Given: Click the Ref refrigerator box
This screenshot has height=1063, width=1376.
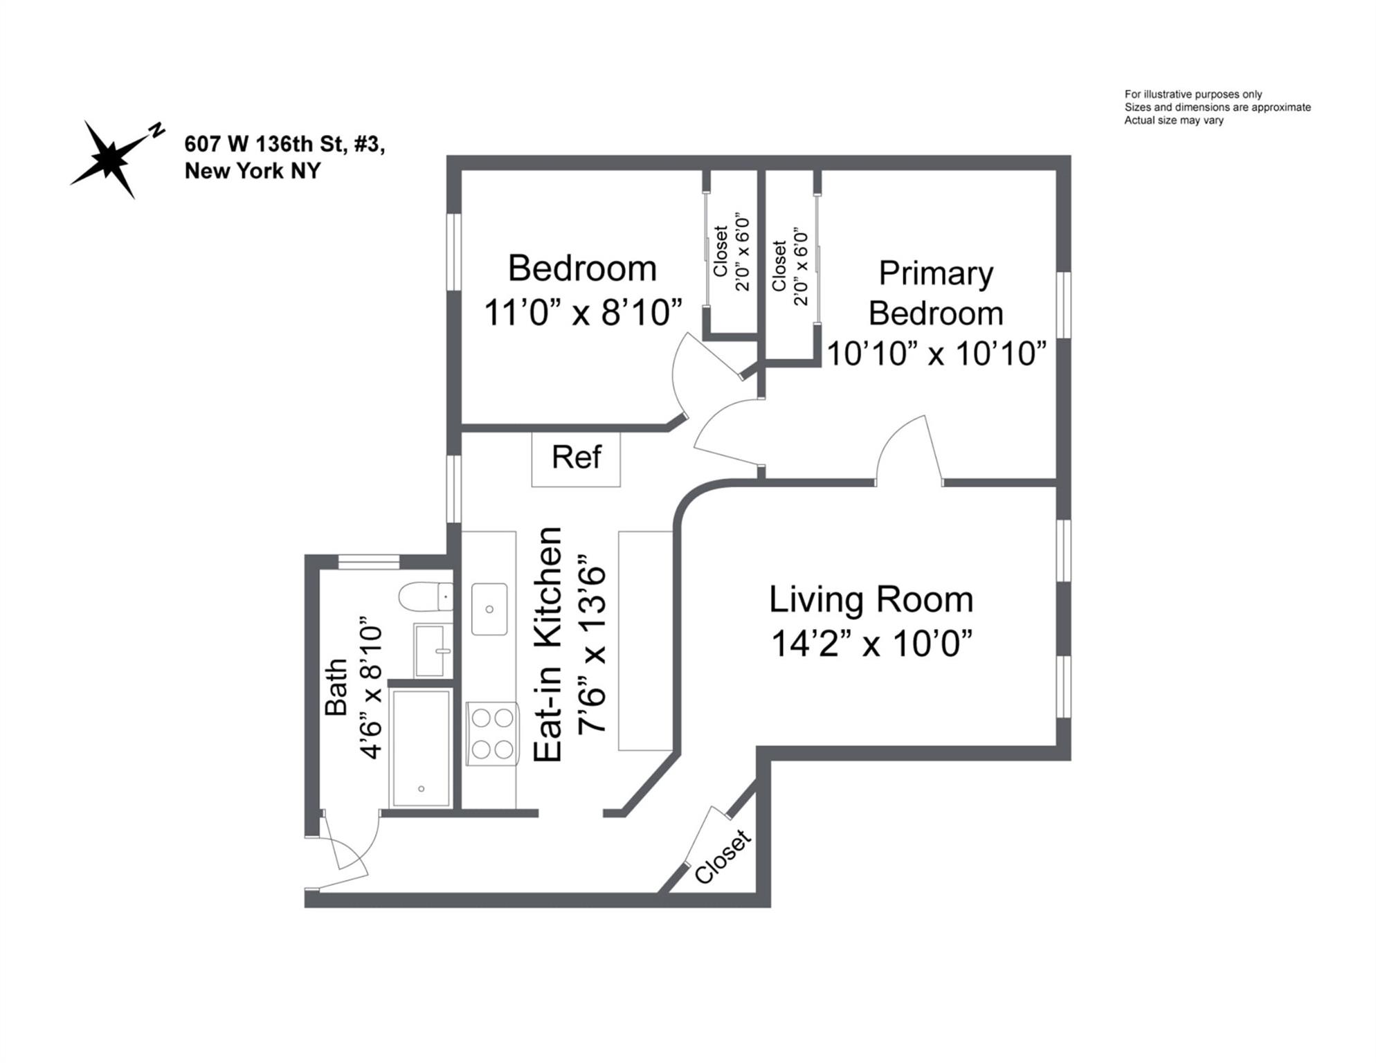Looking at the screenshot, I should [576, 459].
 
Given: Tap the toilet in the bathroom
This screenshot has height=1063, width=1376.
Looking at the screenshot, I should [424, 597].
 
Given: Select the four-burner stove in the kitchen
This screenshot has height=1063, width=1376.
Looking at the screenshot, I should [492, 734].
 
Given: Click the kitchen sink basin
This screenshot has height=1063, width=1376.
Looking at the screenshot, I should [489, 609].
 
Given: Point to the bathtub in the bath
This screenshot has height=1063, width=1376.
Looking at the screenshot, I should [421, 747].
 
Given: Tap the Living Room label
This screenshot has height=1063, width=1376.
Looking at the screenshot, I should [871, 599].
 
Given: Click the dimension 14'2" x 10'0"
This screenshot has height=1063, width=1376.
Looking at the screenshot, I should [871, 644].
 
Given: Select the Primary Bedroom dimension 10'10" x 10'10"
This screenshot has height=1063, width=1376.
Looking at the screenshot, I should [936, 354].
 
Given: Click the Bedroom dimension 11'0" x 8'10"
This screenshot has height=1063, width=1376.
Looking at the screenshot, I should [583, 312].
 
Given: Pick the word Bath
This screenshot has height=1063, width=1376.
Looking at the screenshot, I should [336, 687].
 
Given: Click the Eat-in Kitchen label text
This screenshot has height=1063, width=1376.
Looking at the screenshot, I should [547, 644].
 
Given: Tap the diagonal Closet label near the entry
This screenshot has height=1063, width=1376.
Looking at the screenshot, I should [722, 857].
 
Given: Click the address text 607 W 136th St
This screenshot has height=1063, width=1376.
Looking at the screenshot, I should [284, 144].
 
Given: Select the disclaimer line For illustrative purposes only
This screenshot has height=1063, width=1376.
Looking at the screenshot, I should [1193, 94].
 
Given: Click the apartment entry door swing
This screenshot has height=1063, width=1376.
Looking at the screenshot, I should [346, 855].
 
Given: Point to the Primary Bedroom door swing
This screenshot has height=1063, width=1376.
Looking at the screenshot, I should [908, 450].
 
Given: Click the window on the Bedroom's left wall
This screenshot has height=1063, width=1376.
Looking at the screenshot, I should [453, 251].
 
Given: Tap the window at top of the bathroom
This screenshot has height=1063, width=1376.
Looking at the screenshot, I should [368, 561].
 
